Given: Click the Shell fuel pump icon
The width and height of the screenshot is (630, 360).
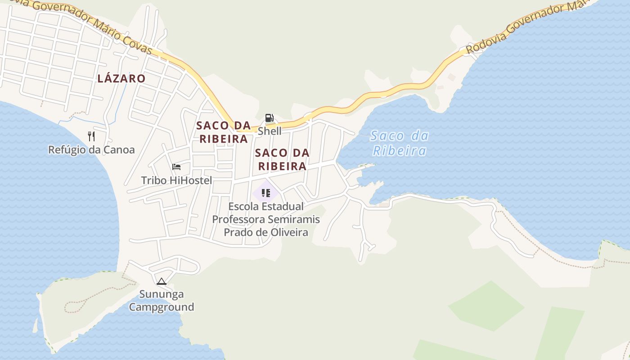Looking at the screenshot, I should click(x=269, y=118).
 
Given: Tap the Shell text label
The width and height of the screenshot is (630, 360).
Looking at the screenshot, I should click(x=270, y=131).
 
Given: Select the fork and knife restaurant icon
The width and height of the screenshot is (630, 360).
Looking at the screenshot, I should click(x=91, y=136).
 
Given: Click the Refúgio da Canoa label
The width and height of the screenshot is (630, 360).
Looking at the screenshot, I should click(x=91, y=150).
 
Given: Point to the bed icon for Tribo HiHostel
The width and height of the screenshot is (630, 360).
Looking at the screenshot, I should click(x=176, y=167).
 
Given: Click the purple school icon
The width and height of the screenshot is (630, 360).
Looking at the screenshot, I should click(x=265, y=193).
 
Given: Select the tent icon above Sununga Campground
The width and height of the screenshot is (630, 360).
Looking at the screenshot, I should click(x=162, y=282).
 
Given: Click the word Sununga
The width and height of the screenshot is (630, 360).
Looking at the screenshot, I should click(x=162, y=294).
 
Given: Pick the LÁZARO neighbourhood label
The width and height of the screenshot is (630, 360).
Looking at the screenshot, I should click(x=121, y=78).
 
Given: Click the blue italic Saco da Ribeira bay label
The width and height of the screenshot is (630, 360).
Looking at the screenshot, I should click(x=400, y=143).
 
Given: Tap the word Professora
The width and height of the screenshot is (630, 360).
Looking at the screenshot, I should click(x=238, y=220).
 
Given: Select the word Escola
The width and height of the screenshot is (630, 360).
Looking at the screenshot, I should click(x=243, y=207).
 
